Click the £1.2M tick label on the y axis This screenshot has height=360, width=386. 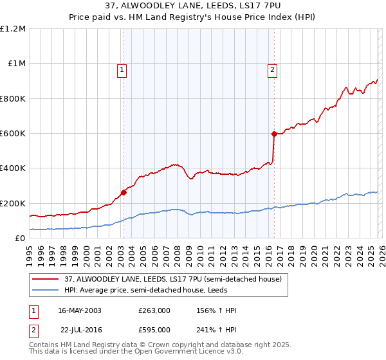pyautogui.click(x=13, y=29)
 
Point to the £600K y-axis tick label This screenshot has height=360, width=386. pyautogui.click(x=13, y=134)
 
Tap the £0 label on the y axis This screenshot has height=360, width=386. pyautogui.click(x=19, y=239)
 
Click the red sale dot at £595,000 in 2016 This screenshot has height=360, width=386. pyautogui.click(x=274, y=134)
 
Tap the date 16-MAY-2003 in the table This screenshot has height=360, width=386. pyautogui.click(x=80, y=310)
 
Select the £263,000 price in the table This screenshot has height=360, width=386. pyautogui.click(x=154, y=310)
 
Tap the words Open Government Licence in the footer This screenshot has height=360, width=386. pyautogui.click(x=173, y=352)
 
